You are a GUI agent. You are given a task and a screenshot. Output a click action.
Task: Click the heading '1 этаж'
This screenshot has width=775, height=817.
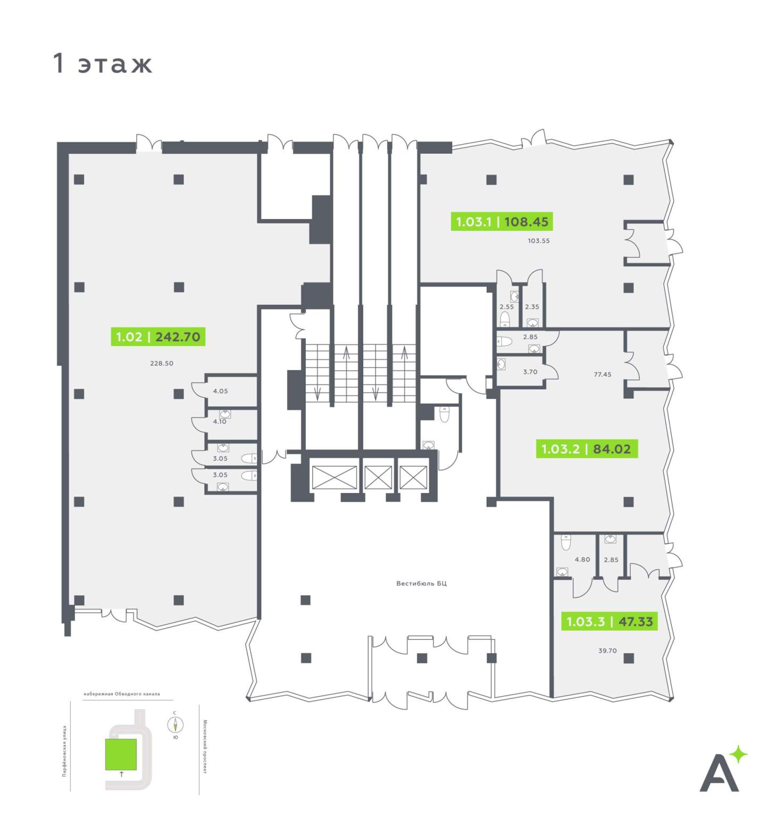click(103, 63)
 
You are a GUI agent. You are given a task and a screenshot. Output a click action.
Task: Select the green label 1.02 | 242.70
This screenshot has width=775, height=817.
click(158, 337)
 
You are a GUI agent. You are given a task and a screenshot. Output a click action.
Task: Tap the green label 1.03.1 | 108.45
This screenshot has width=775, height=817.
click(502, 221)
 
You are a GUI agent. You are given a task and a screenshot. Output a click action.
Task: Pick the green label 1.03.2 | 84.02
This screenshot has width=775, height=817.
click(586, 449)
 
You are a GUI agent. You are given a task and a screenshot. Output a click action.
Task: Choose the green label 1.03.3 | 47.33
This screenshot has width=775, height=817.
click(610, 621)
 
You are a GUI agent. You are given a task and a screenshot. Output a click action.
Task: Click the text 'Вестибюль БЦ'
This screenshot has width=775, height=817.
click(421, 583)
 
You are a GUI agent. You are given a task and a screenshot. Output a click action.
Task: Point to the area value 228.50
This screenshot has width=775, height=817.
click(162, 363)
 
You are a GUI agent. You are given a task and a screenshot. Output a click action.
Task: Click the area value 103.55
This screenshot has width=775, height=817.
click(538, 240)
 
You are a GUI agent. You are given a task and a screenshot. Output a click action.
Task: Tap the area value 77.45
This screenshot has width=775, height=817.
click(602, 374)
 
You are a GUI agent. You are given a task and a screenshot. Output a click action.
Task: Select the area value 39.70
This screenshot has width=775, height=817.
click(607, 651)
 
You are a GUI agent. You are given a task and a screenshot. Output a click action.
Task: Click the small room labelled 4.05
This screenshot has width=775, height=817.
click(220, 391)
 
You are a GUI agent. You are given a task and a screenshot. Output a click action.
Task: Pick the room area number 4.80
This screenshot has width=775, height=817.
click(582, 560)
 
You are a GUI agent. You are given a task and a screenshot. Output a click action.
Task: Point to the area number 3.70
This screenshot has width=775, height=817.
click(530, 372)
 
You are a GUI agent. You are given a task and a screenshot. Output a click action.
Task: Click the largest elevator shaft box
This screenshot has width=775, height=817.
click(334, 477)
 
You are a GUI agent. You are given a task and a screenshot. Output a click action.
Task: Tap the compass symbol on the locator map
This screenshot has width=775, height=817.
click(175, 724)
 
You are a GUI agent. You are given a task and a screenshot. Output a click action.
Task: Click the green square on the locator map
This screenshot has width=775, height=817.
click(121, 754)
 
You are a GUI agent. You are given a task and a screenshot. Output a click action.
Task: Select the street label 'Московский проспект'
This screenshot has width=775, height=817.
click(205, 747)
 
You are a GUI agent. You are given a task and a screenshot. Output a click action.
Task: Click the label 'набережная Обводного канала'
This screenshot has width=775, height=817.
click(121, 694)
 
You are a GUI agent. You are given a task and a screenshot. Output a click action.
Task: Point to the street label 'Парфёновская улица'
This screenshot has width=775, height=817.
click(64, 751)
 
